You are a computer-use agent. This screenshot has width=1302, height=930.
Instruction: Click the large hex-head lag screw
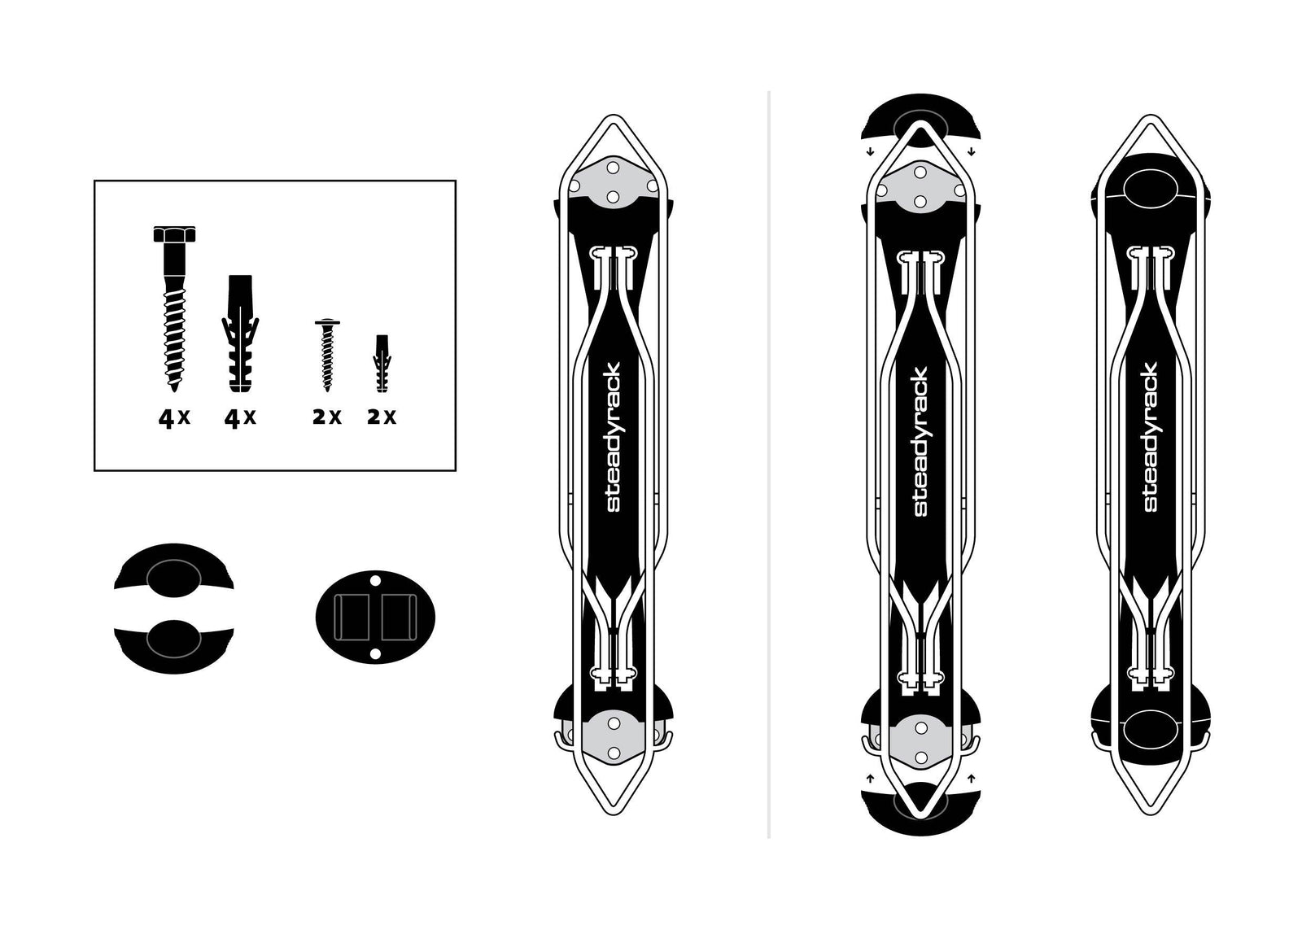pos(174,308)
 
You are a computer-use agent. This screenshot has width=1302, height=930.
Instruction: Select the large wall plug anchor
pos(240,334)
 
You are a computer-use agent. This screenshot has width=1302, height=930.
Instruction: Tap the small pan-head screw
pos(327,355)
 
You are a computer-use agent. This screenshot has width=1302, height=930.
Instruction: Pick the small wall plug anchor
pos(382,363)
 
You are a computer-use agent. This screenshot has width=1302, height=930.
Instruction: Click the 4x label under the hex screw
pos(174,418)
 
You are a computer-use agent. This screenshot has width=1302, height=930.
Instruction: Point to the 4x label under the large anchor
pos(240,418)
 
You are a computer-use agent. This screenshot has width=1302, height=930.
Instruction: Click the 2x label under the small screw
pos(327,417)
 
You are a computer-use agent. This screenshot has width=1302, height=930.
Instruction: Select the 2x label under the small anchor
pos(382,417)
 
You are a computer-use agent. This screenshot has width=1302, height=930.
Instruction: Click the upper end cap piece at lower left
pos(174,570)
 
